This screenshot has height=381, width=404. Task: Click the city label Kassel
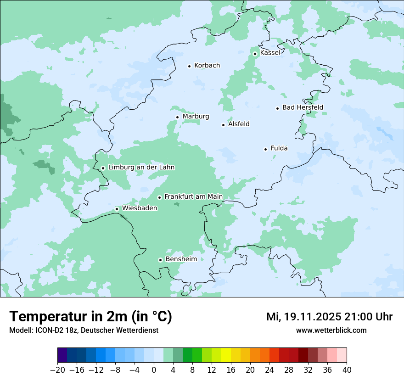[x=270, y=53]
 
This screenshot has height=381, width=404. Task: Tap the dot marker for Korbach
[x=189, y=66]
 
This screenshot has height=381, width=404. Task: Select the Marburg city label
[x=196, y=117]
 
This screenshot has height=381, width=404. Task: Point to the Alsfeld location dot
[x=223, y=125]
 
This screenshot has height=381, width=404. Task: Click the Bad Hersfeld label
[x=303, y=107]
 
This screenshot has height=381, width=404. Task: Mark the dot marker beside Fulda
[x=265, y=149]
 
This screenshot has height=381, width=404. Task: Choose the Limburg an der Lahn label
[x=141, y=168]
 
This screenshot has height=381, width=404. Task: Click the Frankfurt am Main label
[x=193, y=196]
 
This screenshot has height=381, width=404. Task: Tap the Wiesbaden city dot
[x=117, y=209]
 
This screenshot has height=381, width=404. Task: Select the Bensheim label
[x=181, y=259]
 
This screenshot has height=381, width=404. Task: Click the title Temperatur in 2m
[x=91, y=317]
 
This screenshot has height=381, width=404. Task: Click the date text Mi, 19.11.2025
[x=303, y=317]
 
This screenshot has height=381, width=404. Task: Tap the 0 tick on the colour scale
[x=154, y=370]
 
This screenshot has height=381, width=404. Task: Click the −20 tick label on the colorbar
[x=57, y=370]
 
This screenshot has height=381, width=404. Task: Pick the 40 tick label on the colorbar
[x=347, y=370]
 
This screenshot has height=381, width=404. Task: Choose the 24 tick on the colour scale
[x=269, y=370]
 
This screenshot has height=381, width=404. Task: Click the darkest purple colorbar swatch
[x=62, y=355]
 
